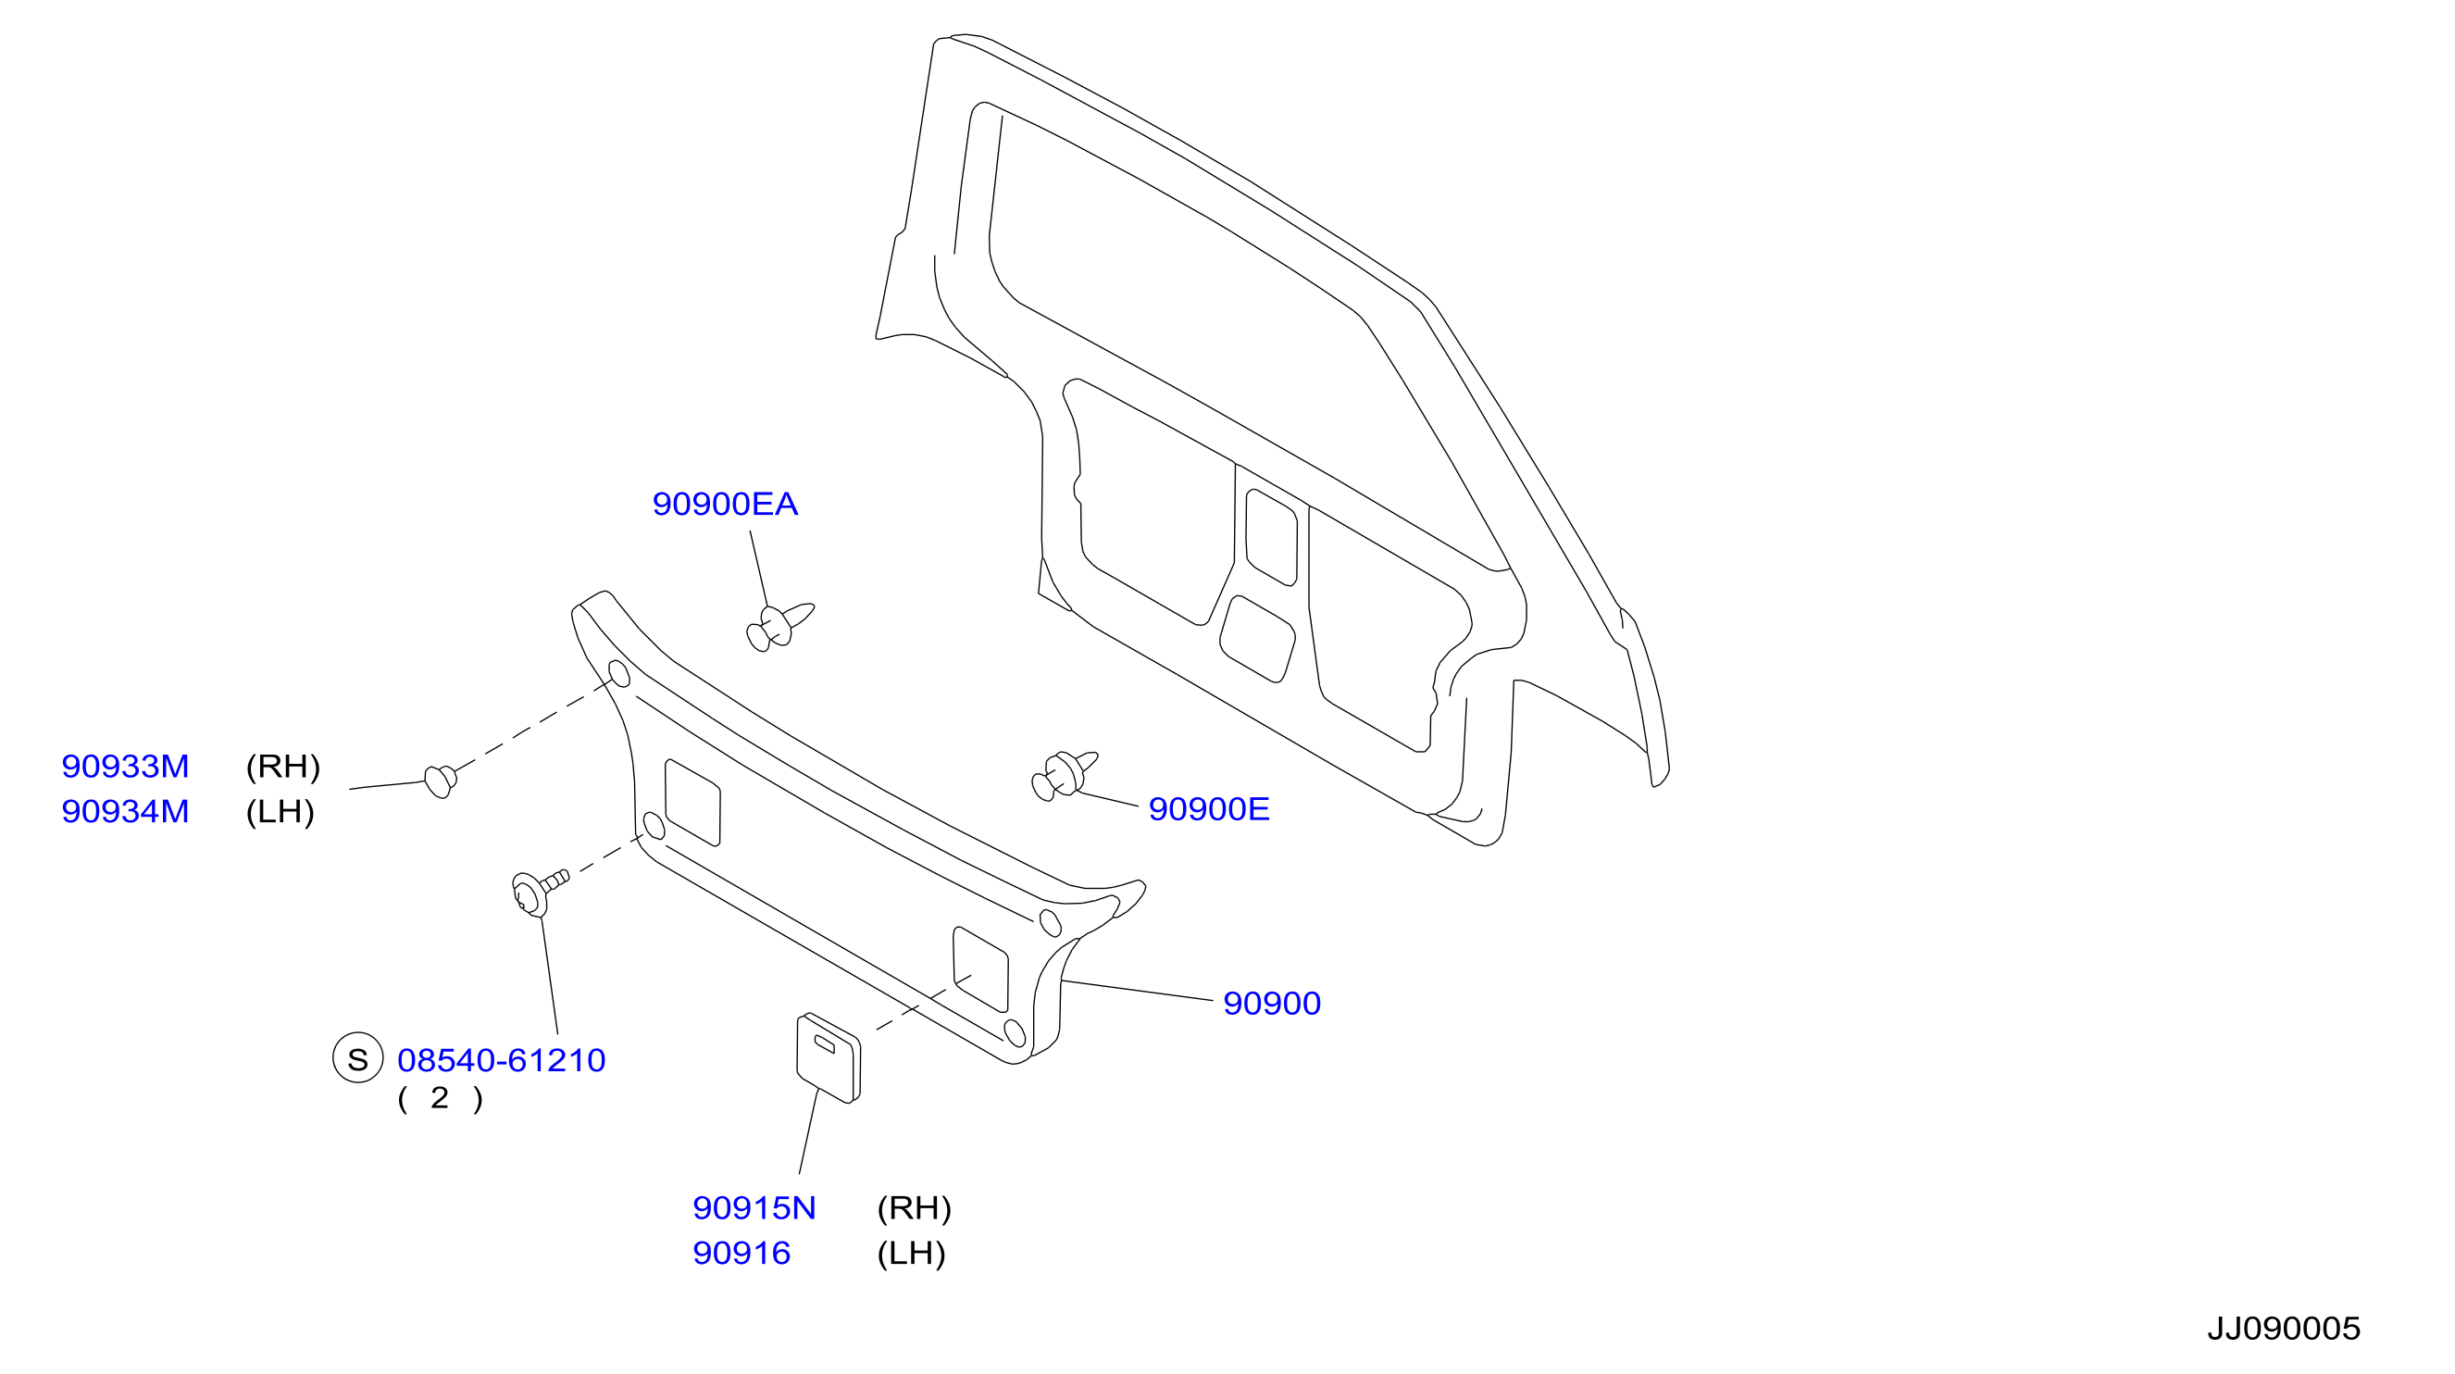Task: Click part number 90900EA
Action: pos(724,504)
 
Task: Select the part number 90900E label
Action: pos(1208,808)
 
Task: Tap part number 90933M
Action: pos(125,766)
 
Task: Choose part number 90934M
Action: pos(125,811)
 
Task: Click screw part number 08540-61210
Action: pos(502,1059)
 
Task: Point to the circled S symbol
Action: pos(357,1058)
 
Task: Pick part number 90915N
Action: pos(754,1208)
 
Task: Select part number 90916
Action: pos(741,1253)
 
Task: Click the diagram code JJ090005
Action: pos(2284,1329)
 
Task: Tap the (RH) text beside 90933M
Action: pos(283,767)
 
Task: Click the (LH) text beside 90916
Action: pos(911,1254)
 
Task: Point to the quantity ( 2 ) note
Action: pos(441,1098)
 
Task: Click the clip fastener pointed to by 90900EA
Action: pos(779,627)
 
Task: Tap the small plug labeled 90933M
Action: pos(441,781)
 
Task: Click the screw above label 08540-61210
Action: pos(539,892)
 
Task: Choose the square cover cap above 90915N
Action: pos(829,1057)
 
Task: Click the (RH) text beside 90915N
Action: pos(914,1209)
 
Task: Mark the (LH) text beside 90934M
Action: pos(280,812)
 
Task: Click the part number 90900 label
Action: pos(1271,1003)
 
